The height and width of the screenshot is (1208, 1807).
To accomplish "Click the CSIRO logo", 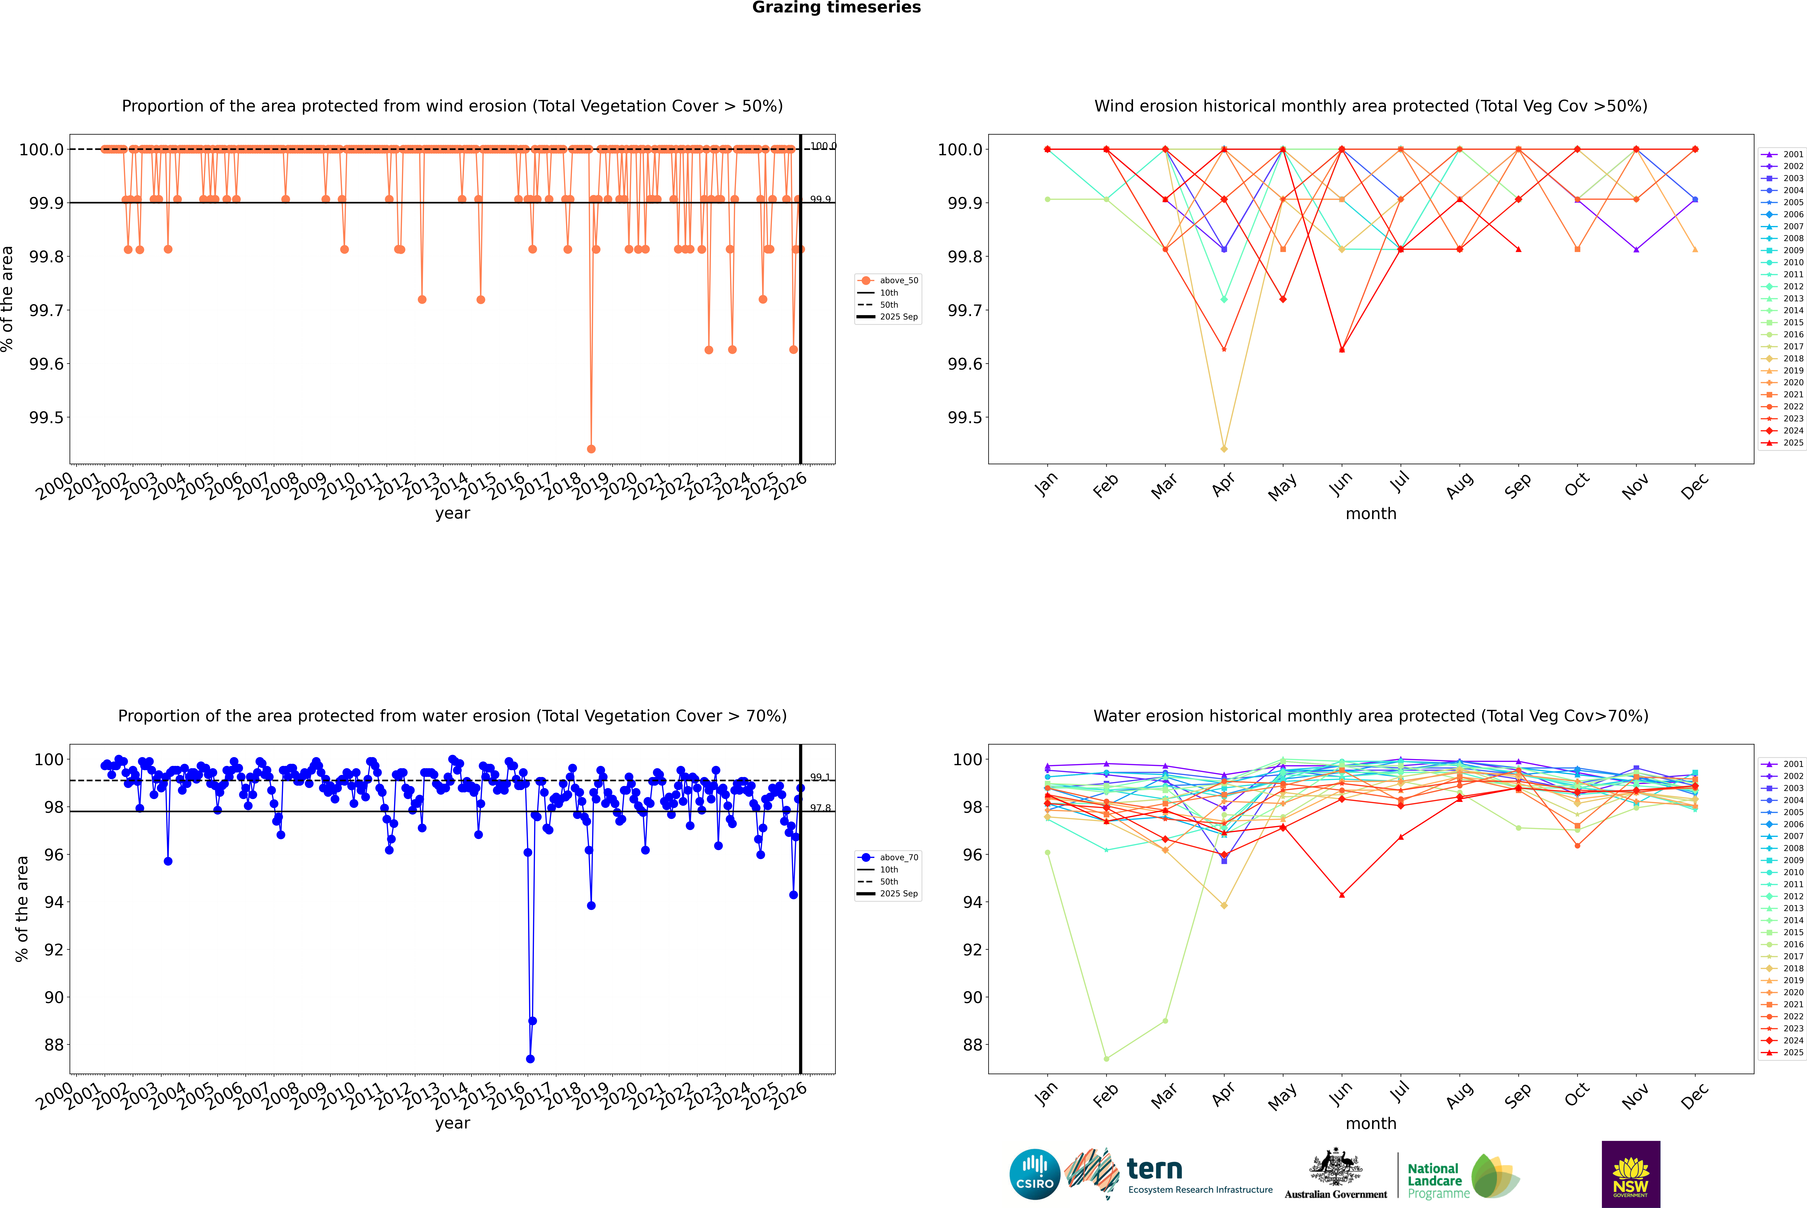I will point(1035,1174).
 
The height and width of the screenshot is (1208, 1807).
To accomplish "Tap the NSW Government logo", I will point(1631,1174).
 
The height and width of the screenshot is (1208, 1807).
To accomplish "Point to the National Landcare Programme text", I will point(1434,1180).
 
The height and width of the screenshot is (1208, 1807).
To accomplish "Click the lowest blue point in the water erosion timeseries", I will point(530,1058).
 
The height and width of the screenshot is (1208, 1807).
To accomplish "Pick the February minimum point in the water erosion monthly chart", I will point(1106,1058).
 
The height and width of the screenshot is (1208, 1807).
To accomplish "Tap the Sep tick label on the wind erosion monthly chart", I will point(1517,485).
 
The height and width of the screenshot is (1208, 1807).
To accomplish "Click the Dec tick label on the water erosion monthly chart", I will point(1695,1096).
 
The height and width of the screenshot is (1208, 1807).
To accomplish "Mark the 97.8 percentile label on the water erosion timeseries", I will point(820,808).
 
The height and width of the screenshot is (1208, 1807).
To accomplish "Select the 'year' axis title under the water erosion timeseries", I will point(452,1123).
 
